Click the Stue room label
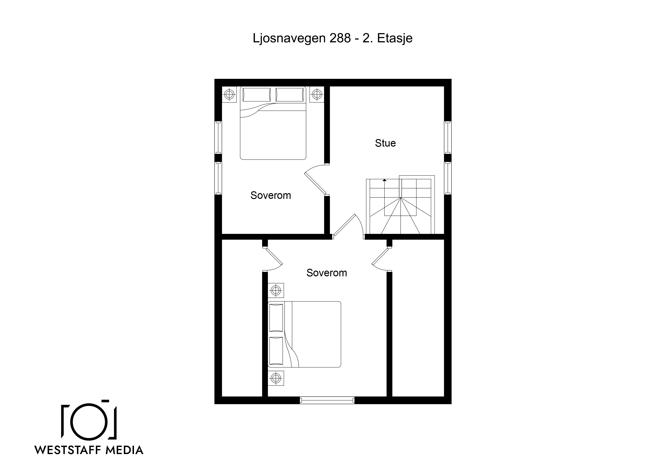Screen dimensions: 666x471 coord(385,143)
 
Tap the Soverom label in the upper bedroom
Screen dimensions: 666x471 coord(271,195)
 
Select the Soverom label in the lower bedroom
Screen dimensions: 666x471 coord(327,273)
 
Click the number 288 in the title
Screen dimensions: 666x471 coord(340,38)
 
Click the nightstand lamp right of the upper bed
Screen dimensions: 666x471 coord(317,94)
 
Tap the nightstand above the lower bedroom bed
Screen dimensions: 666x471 coord(275,290)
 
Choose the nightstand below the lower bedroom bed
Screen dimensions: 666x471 coord(275,378)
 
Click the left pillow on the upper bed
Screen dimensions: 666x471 coord(257,95)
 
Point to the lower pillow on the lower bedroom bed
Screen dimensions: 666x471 coord(276,351)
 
